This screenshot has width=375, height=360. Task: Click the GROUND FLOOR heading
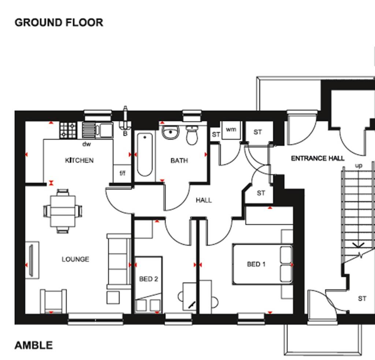pyautogui.click(x=59, y=22)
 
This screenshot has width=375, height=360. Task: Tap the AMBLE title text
pyautogui.click(x=34, y=345)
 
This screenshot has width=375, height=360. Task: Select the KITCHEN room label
pyautogui.click(x=79, y=160)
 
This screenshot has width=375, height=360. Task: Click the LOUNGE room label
pyautogui.click(x=75, y=259)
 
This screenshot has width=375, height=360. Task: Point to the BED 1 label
pyautogui.click(x=256, y=264)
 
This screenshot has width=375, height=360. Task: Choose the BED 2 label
pyautogui.click(x=148, y=279)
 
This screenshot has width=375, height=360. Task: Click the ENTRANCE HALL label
pyautogui.click(x=318, y=158)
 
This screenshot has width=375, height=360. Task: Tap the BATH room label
pyautogui.click(x=179, y=160)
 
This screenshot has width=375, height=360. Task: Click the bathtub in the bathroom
pyautogui.click(x=145, y=154)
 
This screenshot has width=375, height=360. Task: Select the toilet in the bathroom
pyautogui.click(x=192, y=136)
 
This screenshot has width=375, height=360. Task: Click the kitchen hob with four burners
pyautogui.click(x=68, y=130)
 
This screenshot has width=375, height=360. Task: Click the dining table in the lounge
pyautogui.click(x=63, y=211)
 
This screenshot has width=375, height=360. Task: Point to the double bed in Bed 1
pyautogui.click(x=262, y=264)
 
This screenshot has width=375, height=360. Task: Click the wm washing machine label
pyautogui.click(x=230, y=129)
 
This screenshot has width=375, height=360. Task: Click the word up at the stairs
pyautogui.click(x=359, y=166)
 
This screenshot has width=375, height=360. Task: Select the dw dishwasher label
pyautogui.click(x=86, y=144)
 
